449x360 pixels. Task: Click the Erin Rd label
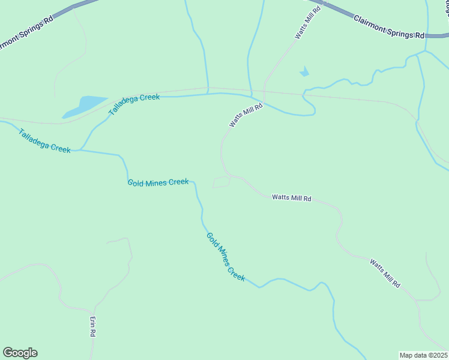(93, 327)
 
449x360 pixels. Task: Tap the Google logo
(20, 353)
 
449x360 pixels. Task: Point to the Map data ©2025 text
(423, 355)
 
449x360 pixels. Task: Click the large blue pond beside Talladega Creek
(83, 106)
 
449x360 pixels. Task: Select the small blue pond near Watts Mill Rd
(304, 73)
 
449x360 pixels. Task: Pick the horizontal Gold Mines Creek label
(158, 182)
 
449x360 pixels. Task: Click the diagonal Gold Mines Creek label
(226, 257)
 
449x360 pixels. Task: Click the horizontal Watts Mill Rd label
(292, 197)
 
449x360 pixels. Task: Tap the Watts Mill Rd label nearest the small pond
(307, 24)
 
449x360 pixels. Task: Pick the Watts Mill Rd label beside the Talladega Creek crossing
(246, 115)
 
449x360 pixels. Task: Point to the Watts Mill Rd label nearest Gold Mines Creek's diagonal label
(384, 273)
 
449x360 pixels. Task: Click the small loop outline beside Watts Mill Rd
(221, 182)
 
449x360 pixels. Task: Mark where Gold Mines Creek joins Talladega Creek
(80, 150)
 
